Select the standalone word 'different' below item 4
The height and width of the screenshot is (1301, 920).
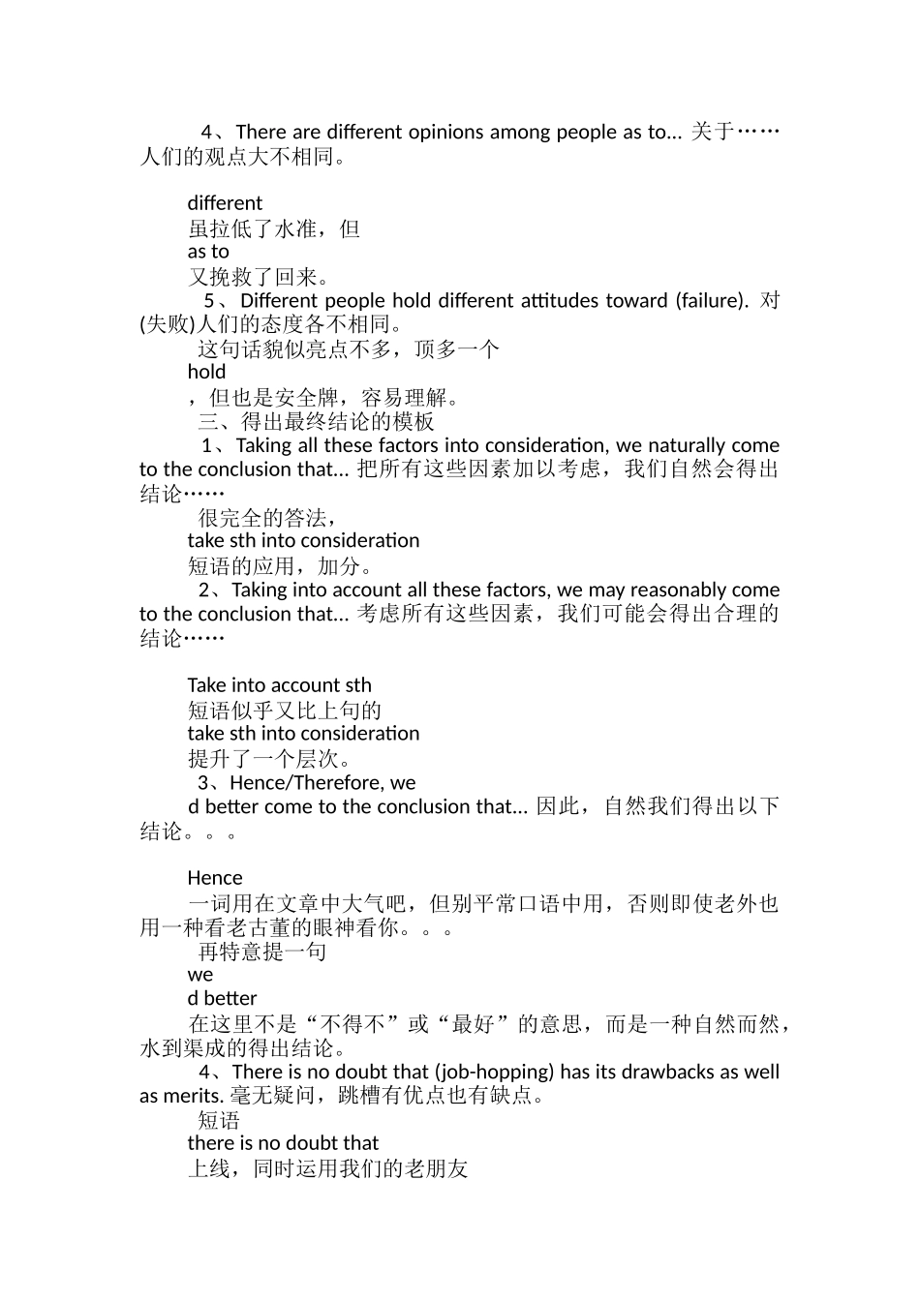pos(225,203)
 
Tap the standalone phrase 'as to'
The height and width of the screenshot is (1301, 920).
pos(208,252)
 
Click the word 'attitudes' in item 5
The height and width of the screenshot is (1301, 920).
pos(561,300)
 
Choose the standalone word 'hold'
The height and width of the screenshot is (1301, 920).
pos(206,372)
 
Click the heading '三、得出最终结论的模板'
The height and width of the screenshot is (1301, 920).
pos(317,421)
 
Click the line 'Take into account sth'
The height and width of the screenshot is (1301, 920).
pos(279,685)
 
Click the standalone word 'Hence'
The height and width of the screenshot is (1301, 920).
pos(215,878)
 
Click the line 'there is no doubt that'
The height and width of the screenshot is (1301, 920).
pos(283,1143)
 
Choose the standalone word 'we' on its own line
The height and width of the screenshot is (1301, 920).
pos(200,975)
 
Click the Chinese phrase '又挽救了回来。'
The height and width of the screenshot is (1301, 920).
pos(260,277)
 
